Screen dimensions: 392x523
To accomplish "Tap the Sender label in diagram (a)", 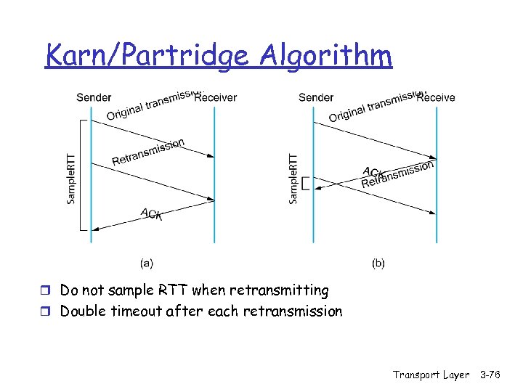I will [94, 97].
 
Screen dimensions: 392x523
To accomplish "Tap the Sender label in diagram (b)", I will [316, 97].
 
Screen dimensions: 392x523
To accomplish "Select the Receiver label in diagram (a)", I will [216, 97].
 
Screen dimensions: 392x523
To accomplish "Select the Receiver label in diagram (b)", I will [437, 97].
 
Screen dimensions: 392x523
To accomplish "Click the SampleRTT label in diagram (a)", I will [72, 177].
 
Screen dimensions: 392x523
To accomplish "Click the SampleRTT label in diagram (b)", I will [293, 177].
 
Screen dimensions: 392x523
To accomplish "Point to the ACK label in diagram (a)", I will [151, 213].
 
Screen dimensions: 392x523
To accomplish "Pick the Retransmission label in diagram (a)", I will [148, 152].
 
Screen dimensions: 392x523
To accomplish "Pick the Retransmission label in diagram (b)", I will [398, 174].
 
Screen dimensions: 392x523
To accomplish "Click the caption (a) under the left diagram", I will [146, 263].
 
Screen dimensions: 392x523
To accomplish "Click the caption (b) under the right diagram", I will [378, 263].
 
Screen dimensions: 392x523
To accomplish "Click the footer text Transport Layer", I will [431, 375].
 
